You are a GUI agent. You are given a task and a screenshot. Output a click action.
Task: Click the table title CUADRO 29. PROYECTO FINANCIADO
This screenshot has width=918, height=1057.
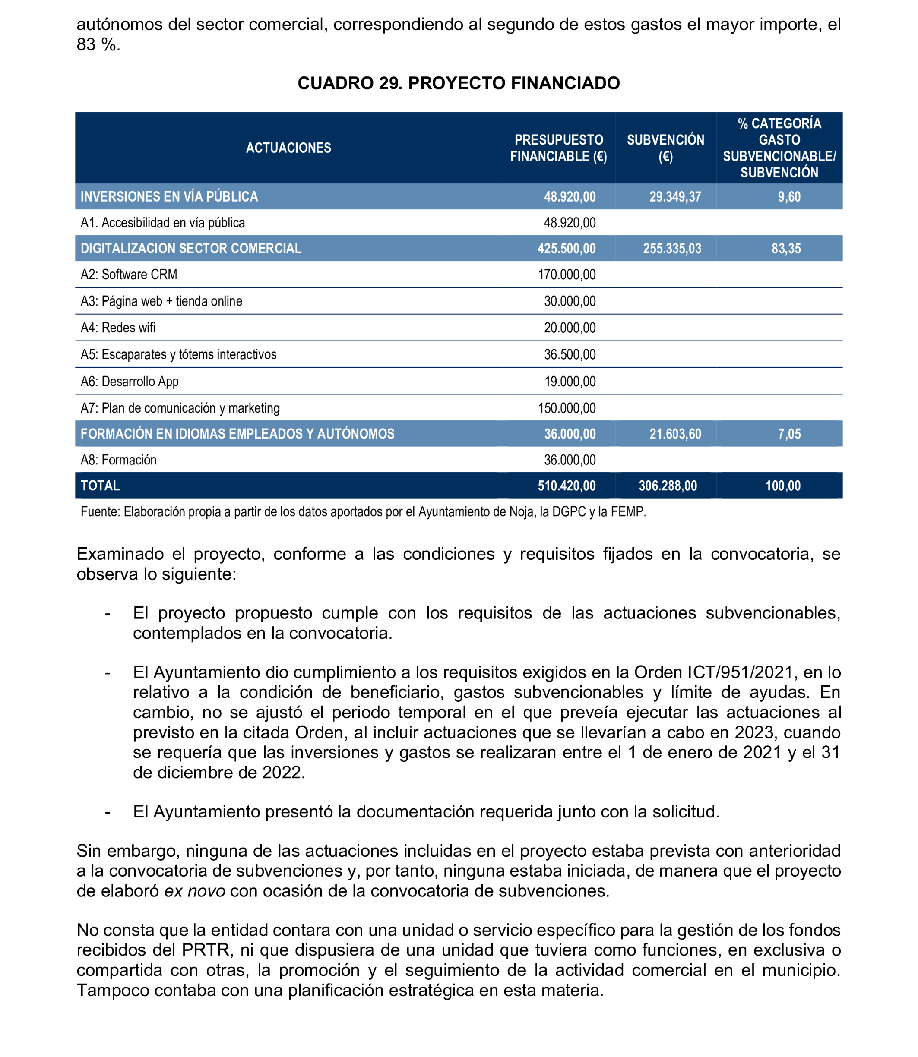pos(459,83)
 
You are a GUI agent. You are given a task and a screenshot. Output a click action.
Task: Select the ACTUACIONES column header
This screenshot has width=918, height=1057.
pos(288,148)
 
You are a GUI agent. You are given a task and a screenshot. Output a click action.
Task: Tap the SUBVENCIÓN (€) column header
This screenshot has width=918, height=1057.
pos(665,148)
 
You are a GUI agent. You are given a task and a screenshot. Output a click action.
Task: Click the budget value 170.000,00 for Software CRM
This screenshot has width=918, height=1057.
pos(567,275)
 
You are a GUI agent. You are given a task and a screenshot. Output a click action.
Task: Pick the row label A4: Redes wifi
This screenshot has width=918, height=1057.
pos(118,328)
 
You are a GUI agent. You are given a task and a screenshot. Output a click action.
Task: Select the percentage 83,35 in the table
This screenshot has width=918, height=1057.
pos(786,249)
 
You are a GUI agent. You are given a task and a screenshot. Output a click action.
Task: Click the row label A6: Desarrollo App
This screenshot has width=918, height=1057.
pos(130,382)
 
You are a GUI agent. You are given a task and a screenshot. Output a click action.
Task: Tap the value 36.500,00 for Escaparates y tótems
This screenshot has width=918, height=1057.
pos(570,354)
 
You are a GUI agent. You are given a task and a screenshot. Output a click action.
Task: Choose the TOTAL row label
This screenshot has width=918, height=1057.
pos(101,486)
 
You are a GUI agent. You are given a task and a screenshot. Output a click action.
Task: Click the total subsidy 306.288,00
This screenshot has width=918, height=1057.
pos(668,486)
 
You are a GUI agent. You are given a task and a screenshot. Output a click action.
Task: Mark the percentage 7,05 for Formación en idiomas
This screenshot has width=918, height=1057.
pos(789,434)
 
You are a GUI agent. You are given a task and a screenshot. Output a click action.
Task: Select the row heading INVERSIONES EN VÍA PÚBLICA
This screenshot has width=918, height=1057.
pos(169,197)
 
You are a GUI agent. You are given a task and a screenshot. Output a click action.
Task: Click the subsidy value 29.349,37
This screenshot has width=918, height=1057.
pos(674,197)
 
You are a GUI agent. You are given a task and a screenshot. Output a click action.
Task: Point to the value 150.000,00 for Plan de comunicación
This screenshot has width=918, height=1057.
pos(567,408)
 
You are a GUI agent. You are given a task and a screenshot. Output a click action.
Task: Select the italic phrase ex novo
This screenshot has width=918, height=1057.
pos(195,891)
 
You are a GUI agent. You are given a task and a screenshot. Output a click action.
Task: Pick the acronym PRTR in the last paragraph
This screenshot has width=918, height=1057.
pos(206,950)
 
